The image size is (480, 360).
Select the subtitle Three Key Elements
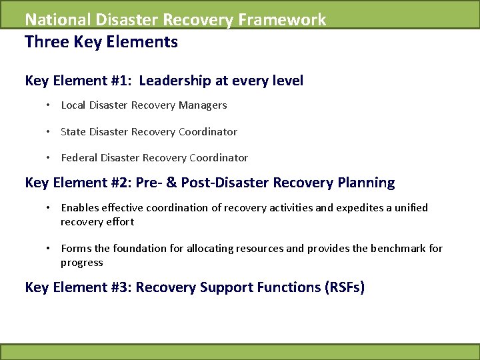tap(101, 43)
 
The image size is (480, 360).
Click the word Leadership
tap(176, 81)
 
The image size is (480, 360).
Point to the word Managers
tap(204, 105)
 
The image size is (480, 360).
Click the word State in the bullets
tap(73, 132)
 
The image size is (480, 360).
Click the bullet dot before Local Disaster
tap(49, 105)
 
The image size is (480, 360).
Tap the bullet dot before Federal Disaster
tap(49, 158)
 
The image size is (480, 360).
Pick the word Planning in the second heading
tap(364, 183)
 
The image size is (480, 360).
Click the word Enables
tap(79, 208)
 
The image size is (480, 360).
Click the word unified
tap(411, 208)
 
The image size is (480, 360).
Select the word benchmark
tap(393, 249)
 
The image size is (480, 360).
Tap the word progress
tap(82, 262)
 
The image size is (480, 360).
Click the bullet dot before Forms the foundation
tap(49, 249)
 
